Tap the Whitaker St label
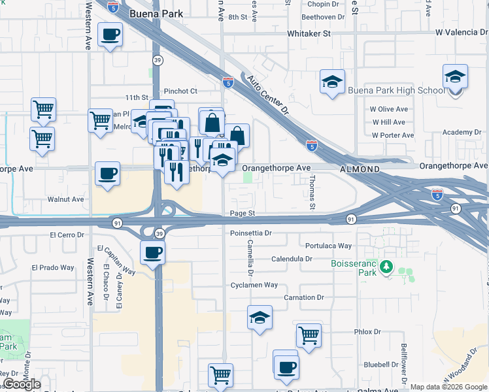click(309, 33)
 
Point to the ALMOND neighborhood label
click(360, 169)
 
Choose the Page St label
click(241, 214)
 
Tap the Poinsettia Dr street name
click(250, 233)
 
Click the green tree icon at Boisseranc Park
click(386, 267)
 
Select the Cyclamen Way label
click(254, 286)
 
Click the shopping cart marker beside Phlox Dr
click(309, 335)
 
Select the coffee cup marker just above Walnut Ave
click(107, 173)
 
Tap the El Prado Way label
click(54, 268)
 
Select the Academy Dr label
click(462, 133)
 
